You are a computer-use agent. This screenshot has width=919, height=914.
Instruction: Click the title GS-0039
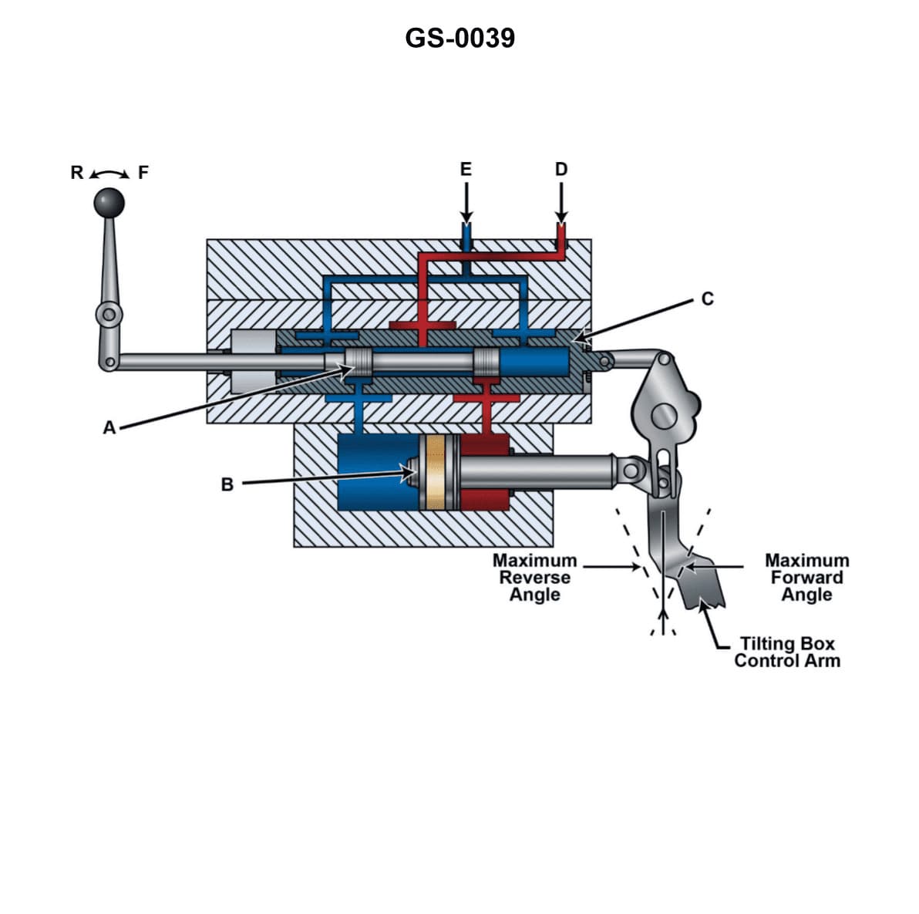(459, 38)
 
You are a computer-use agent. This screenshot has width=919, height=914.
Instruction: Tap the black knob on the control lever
(109, 203)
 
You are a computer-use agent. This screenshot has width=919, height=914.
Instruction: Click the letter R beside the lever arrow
(77, 172)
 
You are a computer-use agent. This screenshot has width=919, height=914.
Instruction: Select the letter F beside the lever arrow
(143, 172)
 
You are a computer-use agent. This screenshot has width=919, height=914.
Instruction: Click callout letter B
(227, 484)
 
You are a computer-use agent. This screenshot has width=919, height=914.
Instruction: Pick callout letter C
(708, 298)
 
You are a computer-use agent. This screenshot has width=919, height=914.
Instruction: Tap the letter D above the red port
(561, 169)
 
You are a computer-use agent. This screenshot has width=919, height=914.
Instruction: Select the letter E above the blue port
(466, 169)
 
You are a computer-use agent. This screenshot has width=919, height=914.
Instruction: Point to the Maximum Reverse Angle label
(534, 578)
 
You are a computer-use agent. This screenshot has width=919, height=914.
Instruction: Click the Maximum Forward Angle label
(806, 578)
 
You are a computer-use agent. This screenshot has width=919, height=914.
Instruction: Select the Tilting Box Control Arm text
(787, 652)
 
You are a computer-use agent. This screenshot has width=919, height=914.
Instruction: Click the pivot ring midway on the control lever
(109, 314)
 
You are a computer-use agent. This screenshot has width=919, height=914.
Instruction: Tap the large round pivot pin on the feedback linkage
(665, 417)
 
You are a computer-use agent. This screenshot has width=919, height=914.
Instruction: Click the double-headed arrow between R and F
(110, 173)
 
